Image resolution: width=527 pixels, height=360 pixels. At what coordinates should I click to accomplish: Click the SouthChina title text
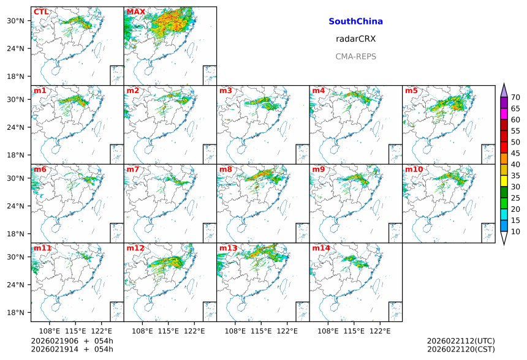point(355,21)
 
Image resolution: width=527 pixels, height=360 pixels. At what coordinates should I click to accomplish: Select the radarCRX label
point(355,39)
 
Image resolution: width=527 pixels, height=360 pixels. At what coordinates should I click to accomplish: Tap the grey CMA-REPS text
point(355,56)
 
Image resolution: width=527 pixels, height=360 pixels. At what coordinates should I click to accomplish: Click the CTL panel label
point(41,12)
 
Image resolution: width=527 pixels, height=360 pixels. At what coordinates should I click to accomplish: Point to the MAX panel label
point(135,12)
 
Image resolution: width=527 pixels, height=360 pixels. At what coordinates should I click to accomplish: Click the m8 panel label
point(226,169)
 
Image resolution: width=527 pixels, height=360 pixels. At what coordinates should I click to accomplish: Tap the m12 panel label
point(135,248)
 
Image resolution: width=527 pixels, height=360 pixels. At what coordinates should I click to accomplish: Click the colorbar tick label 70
point(515,97)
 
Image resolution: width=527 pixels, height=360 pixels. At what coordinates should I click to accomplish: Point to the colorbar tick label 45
point(515,153)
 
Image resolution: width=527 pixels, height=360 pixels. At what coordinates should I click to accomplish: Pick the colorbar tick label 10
point(515,231)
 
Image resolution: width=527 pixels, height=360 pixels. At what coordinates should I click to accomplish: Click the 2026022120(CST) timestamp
point(460,350)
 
